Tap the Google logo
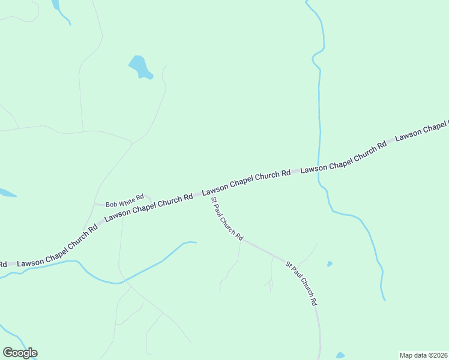pos(20,353)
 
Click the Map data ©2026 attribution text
pos(423,355)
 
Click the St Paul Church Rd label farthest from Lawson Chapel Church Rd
pos(300,284)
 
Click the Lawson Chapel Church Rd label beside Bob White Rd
pos(148,208)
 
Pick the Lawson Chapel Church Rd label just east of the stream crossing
pos(343,157)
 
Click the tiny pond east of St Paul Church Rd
pos(330,263)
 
